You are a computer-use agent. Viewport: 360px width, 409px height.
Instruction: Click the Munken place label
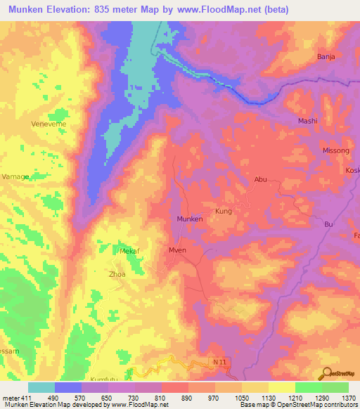(x=190, y=219)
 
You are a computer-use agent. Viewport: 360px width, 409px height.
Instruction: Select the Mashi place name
(x=308, y=121)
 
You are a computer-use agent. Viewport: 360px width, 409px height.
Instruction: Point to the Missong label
(x=316, y=150)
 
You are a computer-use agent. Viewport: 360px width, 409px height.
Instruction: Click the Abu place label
(x=261, y=179)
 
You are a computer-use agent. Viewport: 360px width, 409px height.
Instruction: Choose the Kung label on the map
(x=223, y=211)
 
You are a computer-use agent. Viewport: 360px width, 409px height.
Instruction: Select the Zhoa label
(x=117, y=274)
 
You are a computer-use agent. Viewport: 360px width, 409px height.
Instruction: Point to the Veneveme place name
(x=49, y=124)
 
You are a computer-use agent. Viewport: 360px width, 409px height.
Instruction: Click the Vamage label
(x=16, y=176)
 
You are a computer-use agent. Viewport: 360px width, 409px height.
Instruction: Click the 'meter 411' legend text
(x=16, y=398)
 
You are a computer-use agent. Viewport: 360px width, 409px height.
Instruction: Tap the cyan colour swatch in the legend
(x=41, y=387)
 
